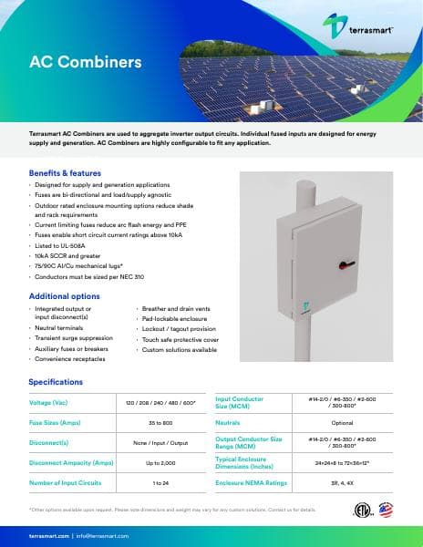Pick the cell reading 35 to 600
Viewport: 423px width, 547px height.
click(x=160, y=423)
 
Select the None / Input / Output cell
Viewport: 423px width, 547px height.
click(x=160, y=443)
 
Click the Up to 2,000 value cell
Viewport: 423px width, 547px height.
click(x=160, y=462)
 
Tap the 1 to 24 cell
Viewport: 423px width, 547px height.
click(x=160, y=482)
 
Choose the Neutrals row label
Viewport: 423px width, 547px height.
click(x=228, y=423)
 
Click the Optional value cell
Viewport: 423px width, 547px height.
click(x=342, y=423)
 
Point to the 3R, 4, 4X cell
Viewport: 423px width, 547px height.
click(x=342, y=482)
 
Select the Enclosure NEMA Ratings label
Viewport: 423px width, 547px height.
click(x=251, y=482)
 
